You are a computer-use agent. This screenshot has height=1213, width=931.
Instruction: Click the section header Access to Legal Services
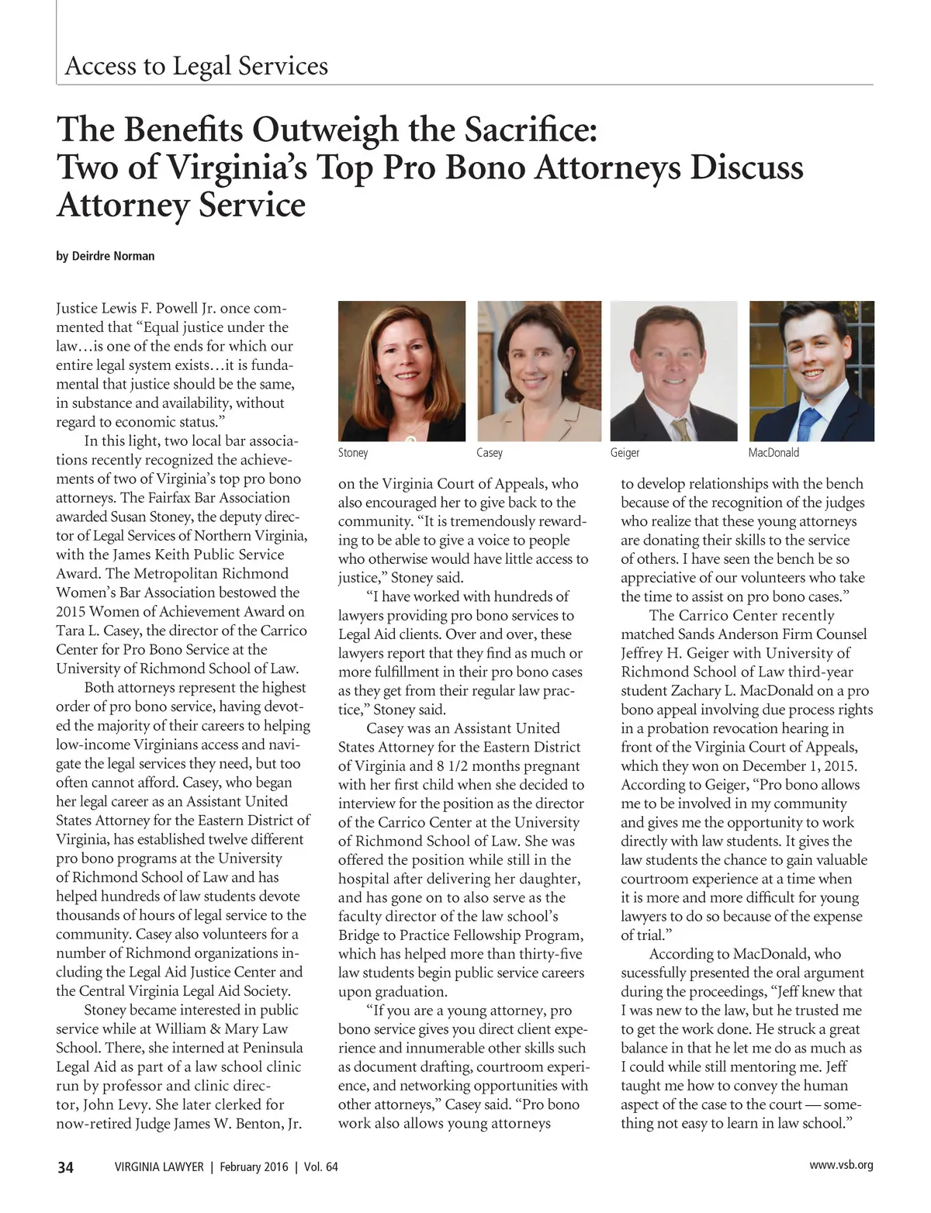coord(196,66)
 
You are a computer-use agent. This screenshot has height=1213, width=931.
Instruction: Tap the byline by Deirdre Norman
coord(106,256)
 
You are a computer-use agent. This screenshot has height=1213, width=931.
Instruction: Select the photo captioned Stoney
coord(402,371)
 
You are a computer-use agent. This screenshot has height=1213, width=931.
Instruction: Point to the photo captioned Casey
coord(539,371)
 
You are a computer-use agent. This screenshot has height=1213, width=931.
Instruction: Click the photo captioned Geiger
coord(673,371)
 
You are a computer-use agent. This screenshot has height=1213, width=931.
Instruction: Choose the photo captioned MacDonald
coord(812,371)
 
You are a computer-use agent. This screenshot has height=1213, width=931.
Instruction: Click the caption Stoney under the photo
coord(353,453)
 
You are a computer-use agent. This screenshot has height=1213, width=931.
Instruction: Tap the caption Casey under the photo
coord(490,453)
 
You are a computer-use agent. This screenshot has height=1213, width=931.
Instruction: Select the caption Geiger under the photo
coord(625,453)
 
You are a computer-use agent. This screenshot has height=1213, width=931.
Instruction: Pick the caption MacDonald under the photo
coord(774,453)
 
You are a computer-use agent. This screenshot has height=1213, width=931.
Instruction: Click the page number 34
coord(65,1167)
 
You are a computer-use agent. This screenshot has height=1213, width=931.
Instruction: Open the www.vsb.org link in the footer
coord(841,1165)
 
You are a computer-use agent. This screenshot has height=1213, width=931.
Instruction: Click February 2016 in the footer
coord(254,1167)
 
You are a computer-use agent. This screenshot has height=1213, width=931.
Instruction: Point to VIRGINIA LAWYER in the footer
coord(159,1167)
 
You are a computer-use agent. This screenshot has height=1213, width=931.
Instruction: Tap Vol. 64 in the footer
coord(321,1167)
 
